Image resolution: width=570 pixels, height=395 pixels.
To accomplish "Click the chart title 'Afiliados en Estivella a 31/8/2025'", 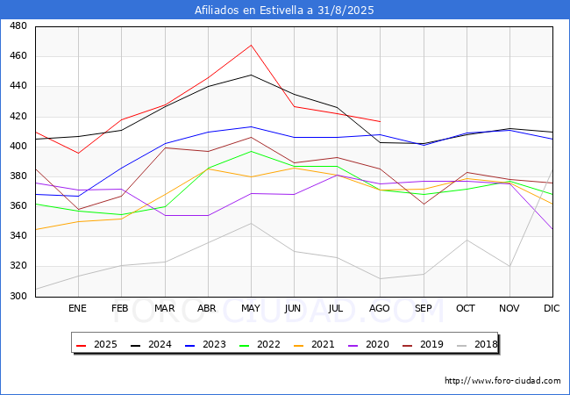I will pyautogui.click(x=285, y=11).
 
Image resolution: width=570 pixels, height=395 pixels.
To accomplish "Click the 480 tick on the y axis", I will pyautogui.click(x=18, y=26).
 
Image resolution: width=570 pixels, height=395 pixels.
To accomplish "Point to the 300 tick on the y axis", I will pyautogui.click(x=18, y=297).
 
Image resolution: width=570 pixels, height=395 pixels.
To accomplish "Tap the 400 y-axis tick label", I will pyautogui.click(x=18, y=147).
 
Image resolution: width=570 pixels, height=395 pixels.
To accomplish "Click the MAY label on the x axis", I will pyautogui.click(x=251, y=309).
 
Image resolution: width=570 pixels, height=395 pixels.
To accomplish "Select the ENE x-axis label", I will pyautogui.click(x=78, y=309).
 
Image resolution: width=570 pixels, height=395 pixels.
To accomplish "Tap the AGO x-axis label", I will pyautogui.click(x=380, y=309).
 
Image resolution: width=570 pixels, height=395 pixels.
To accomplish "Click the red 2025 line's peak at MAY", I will pyautogui.click(x=251, y=45).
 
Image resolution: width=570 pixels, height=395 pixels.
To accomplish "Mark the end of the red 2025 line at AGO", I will pyautogui.click(x=380, y=121).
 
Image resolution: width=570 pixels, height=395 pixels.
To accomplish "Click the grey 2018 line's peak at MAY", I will pyautogui.click(x=251, y=223).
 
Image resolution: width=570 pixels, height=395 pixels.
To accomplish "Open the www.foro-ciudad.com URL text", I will pyautogui.click(x=502, y=381).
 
